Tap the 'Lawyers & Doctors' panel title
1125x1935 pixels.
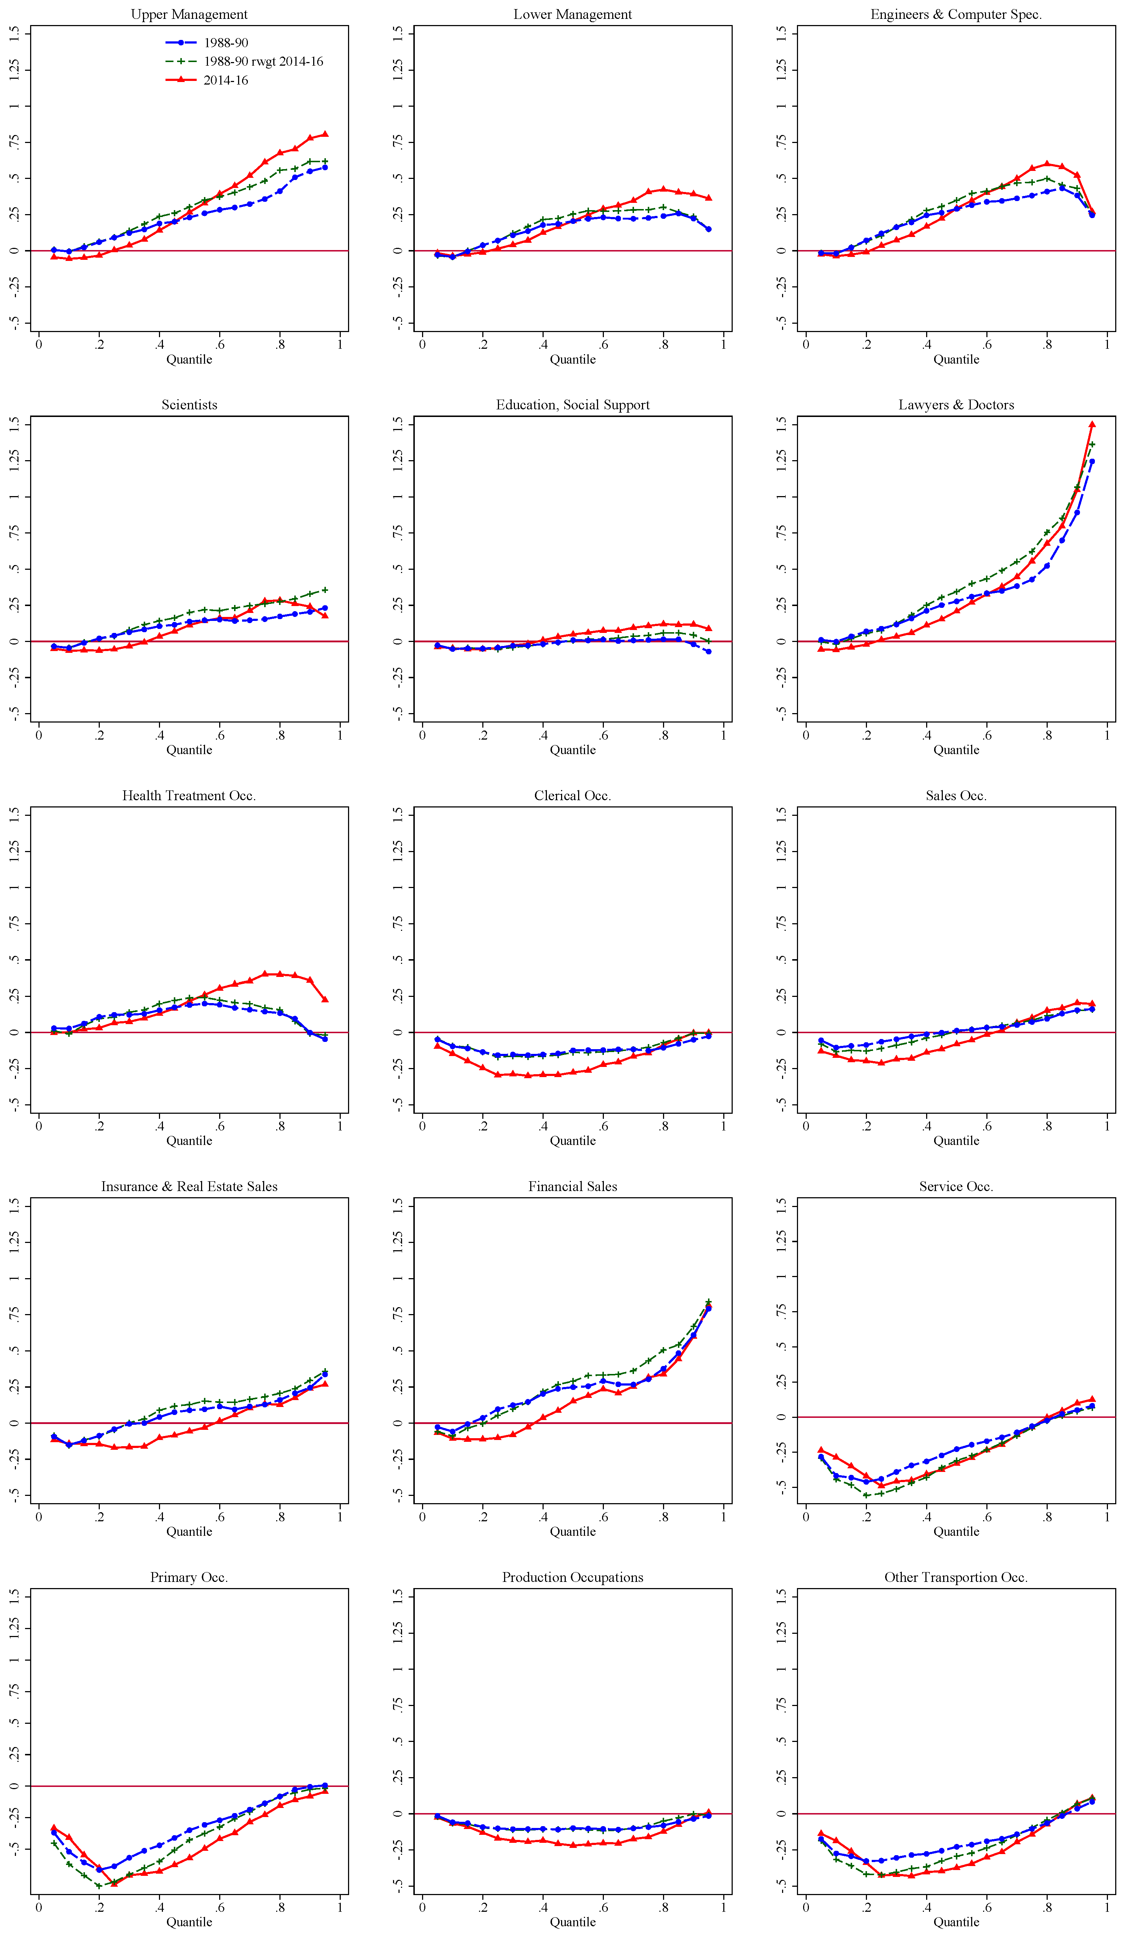pyautogui.click(x=956, y=405)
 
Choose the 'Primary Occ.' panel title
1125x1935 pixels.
pyautogui.click(x=189, y=1577)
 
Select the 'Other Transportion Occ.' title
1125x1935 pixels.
pyautogui.click(x=956, y=1577)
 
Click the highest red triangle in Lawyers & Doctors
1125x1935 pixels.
pyautogui.click(x=1092, y=424)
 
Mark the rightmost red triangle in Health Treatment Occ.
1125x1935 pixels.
pyautogui.click(x=325, y=999)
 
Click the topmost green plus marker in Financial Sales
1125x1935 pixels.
pyautogui.click(x=708, y=1302)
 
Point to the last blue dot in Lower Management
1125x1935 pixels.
pyautogui.click(x=708, y=229)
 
